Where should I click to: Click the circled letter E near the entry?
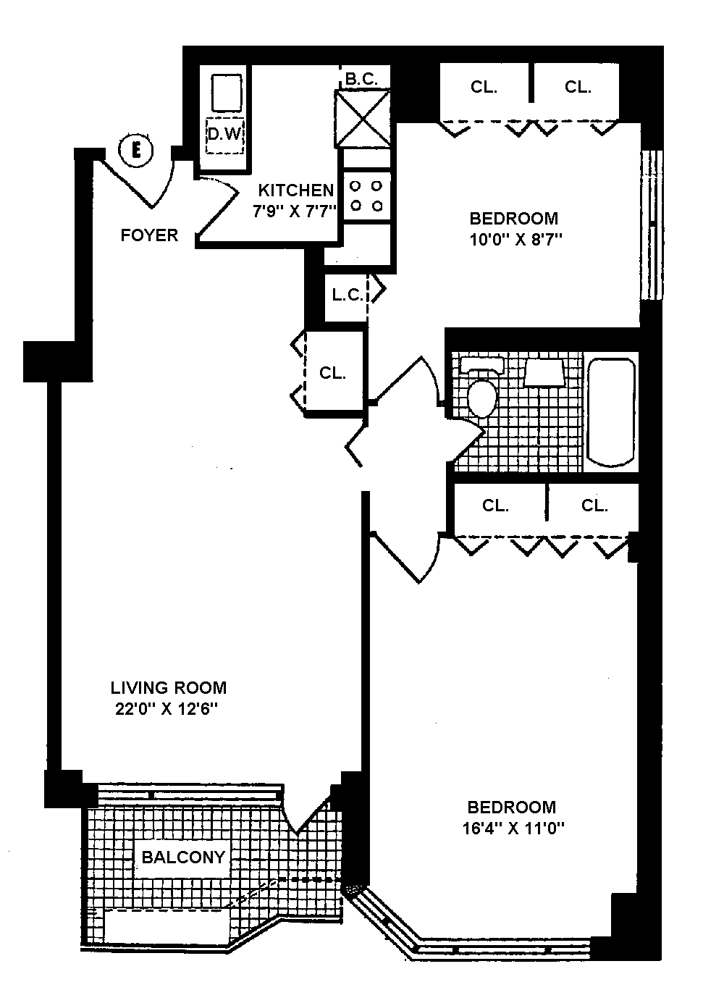pos(135,151)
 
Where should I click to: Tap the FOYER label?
pos(149,235)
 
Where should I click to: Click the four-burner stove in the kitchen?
pos(366,196)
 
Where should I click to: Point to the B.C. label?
pos(361,80)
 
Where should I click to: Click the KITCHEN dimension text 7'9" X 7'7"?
pos(295,212)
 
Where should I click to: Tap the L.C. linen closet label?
pos(347,295)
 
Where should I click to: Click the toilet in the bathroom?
pos(481,391)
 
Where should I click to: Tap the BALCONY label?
pos(183,857)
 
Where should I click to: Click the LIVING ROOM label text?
pos(168,687)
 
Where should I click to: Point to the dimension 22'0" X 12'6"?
pos(167,709)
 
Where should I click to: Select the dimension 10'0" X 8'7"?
pos(514,240)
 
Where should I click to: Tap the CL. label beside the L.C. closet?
pos(333,373)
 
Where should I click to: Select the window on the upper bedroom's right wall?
pos(652,225)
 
